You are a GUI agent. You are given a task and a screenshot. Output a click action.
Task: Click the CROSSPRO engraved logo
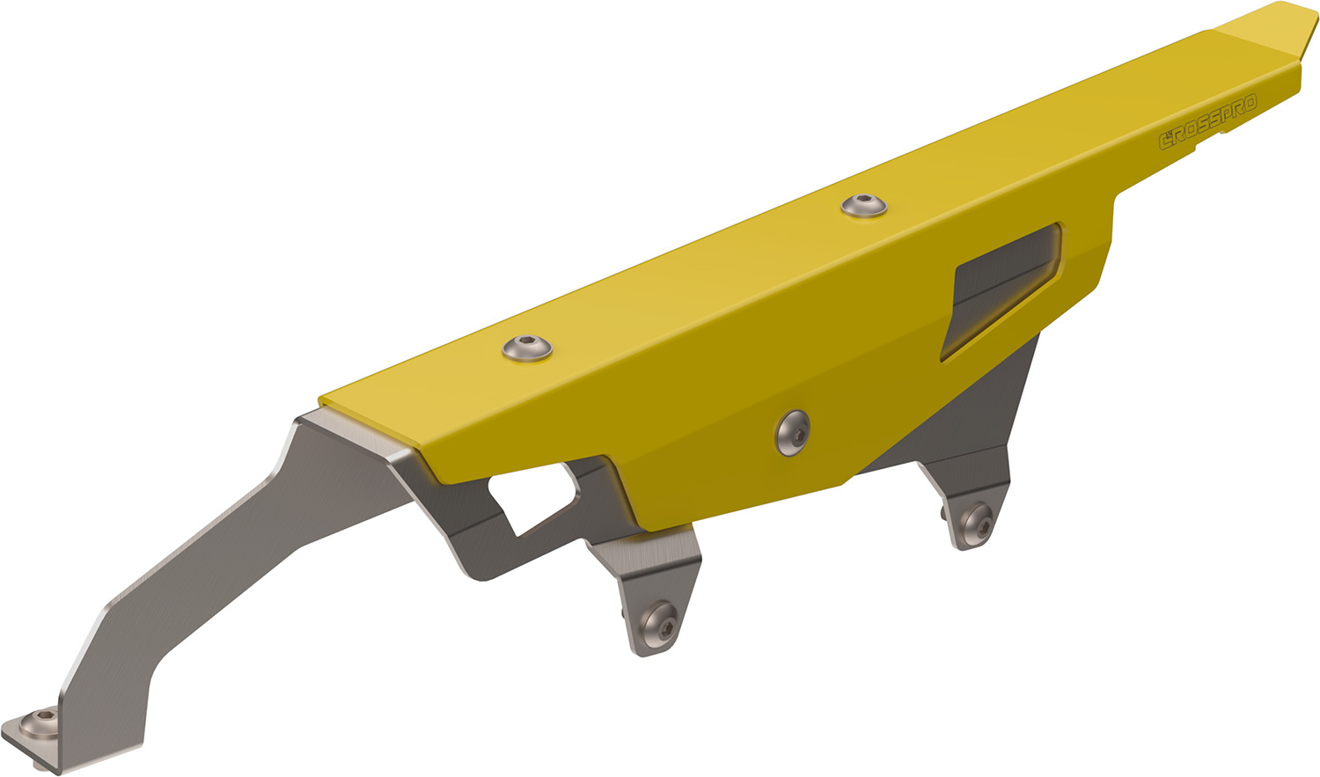[1208, 122]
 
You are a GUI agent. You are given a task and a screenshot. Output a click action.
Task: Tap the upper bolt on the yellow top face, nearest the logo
[864, 206]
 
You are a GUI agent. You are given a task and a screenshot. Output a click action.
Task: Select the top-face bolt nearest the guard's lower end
[527, 348]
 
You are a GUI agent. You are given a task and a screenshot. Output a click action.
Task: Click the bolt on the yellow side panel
[793, 433]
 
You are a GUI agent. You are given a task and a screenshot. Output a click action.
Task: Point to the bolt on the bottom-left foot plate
[39, 723]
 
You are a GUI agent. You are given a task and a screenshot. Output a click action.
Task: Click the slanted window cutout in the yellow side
[1001, 290]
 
